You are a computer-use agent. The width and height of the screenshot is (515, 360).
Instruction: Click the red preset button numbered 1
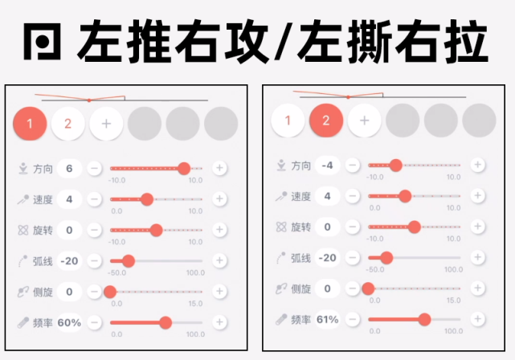30,124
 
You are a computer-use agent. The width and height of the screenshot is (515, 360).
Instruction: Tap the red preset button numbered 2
326,121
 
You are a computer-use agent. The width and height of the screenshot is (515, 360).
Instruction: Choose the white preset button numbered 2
68,124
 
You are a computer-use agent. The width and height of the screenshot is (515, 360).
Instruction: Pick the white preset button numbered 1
288,121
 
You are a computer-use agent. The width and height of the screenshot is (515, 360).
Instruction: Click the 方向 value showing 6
69,169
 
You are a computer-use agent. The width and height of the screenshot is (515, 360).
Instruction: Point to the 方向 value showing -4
327,166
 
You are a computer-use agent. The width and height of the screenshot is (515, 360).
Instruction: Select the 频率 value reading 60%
69,322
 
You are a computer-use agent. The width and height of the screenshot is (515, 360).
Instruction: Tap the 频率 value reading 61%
327,319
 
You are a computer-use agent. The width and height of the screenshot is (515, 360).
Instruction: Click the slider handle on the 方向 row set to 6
184,168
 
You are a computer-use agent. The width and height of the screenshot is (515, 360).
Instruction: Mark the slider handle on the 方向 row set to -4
395,165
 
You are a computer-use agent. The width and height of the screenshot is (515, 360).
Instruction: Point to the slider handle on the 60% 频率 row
166,322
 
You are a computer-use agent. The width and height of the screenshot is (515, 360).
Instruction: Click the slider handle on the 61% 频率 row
424,319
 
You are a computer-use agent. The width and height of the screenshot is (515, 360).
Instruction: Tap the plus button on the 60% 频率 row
219,322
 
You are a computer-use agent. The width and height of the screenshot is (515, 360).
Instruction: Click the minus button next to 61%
352,319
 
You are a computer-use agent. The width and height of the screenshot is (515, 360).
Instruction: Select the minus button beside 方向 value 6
94,169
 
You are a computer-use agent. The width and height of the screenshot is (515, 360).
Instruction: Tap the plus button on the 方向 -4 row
477,165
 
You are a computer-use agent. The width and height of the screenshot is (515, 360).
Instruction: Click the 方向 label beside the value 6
43,169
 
